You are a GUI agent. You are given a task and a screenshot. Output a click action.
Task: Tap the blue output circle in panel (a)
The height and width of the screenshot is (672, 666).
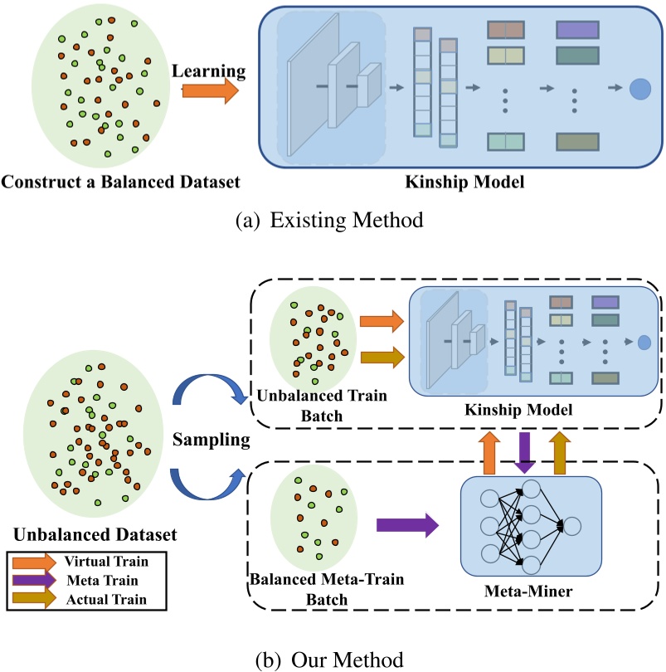click(639, 89)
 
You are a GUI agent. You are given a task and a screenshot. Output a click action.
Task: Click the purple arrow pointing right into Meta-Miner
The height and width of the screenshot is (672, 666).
click(407, 524)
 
